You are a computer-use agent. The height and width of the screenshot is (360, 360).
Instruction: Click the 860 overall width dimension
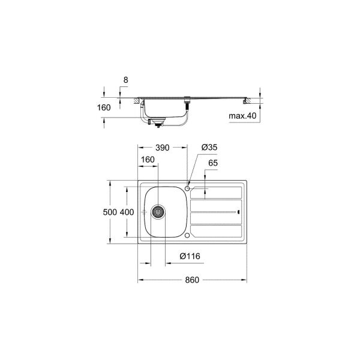191,280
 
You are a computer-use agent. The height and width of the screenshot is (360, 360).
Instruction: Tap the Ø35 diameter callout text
208,147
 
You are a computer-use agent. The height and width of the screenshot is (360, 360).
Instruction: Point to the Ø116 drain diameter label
190,256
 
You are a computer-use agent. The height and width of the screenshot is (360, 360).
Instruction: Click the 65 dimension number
212,163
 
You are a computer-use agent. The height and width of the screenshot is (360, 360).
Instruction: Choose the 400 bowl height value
126,212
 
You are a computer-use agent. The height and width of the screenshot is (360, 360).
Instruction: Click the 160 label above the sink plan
148,160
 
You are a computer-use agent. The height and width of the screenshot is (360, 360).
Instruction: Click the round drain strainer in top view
158,212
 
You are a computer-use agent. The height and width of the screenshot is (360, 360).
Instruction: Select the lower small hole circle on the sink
188,235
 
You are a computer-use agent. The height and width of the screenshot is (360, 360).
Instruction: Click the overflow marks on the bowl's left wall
146,212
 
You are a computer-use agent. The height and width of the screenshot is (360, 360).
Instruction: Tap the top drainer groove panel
215,193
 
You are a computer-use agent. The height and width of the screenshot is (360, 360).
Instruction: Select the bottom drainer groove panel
215,231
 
